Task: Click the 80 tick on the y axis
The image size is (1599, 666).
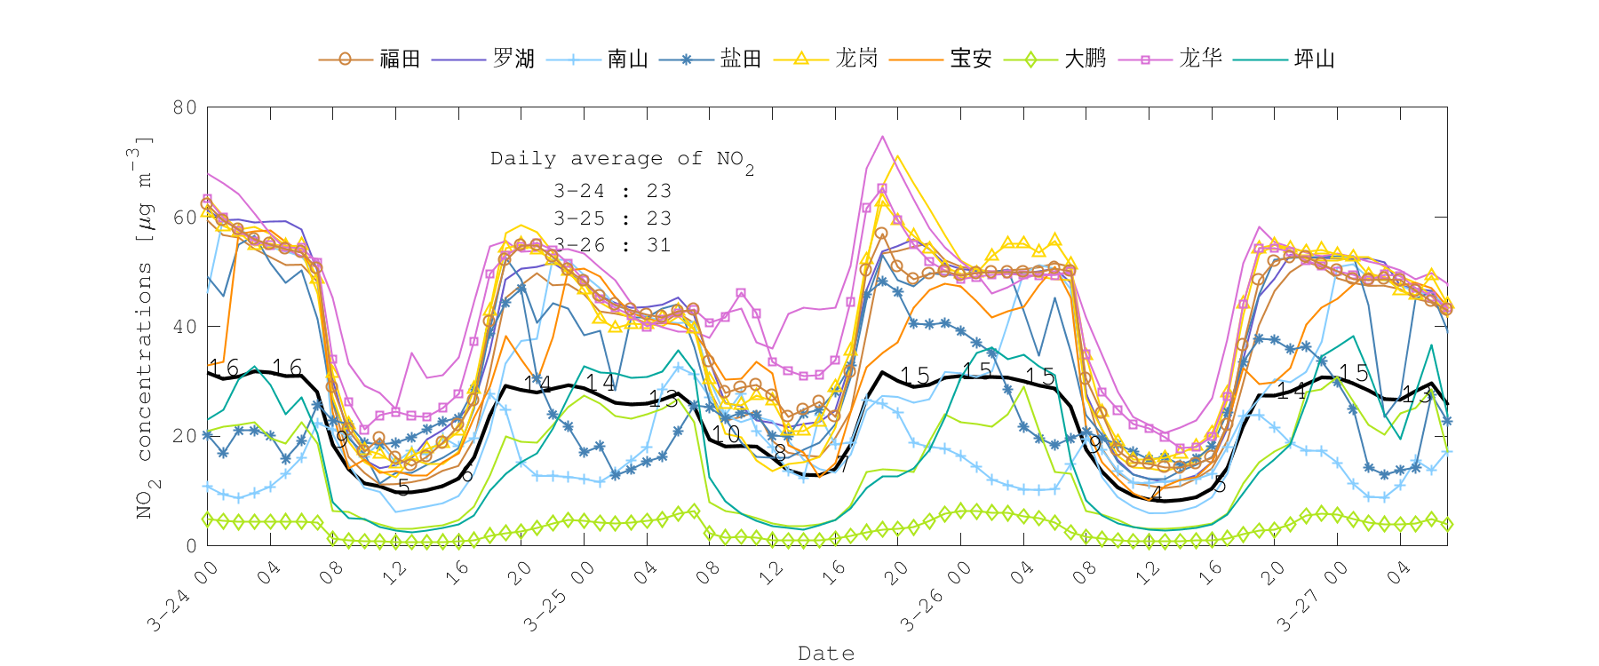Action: point(185,107)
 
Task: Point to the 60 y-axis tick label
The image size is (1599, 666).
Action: point(185,217)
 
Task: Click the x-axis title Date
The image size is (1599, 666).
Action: point(826,654)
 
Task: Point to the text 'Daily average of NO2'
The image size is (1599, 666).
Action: point(622,160)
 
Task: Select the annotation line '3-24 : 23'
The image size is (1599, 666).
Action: point(612,191)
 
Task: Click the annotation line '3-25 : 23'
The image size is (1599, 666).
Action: point(612,218)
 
